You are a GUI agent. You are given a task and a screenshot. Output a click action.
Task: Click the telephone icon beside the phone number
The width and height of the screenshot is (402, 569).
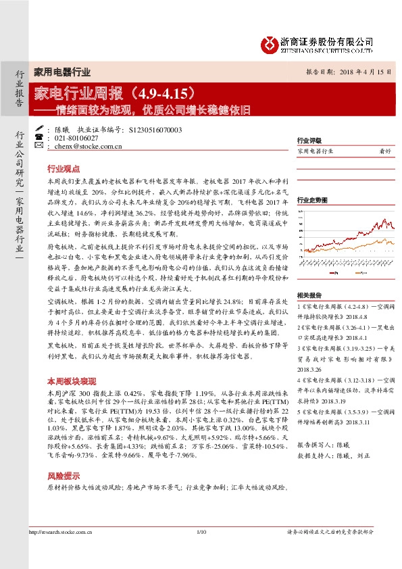(40, 137)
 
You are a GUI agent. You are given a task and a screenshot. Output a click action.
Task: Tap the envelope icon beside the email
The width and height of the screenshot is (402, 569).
(40, 145)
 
